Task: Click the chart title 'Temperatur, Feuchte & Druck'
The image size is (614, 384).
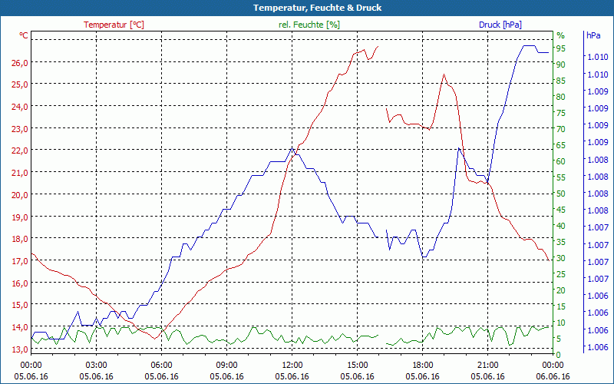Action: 307,8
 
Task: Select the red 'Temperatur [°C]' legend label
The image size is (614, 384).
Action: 114,25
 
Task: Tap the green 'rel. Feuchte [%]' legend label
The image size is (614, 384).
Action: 309,25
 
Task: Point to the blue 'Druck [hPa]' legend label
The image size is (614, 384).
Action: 500,25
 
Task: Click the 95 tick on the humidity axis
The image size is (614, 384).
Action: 561,48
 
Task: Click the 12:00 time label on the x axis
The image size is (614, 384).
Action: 292,365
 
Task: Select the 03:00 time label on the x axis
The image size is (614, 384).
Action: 97,365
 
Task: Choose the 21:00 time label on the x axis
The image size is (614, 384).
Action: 488,365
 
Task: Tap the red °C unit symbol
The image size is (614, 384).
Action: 24,35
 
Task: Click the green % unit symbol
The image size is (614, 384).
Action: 560,35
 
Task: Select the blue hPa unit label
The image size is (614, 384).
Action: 593,35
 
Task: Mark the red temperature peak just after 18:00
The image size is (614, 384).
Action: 443,74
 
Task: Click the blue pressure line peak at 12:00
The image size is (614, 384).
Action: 292,147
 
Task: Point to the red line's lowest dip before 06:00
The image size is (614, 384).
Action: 155,338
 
